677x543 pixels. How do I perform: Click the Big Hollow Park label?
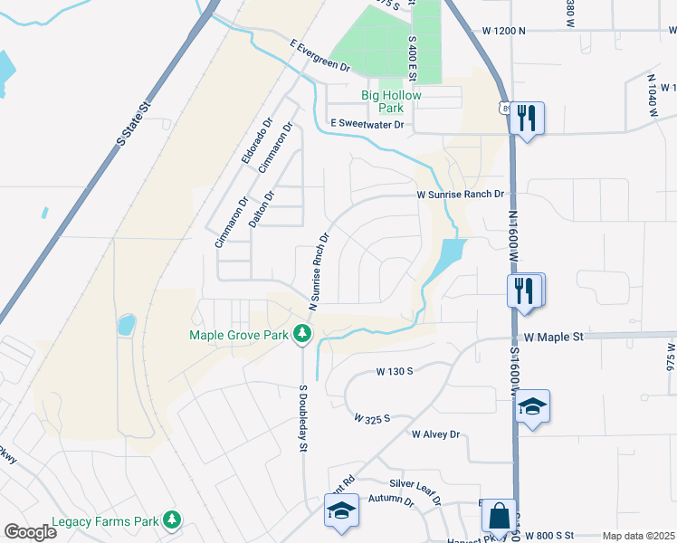tap(398, 100)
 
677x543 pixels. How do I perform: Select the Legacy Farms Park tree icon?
tap(170, 520)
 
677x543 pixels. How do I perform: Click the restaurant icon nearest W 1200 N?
tap(526, 117)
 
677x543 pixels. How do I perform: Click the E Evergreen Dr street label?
tap(319, 54)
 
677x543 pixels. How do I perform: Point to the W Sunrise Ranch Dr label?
tap(459, 194)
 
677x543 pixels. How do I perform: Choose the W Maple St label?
tap(554, 337)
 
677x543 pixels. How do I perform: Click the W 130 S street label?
tap(395, 371)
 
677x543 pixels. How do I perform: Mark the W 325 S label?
tap(371, 419)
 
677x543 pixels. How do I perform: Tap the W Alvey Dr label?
tap(435, 434)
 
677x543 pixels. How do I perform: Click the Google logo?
tap(30, 532)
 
